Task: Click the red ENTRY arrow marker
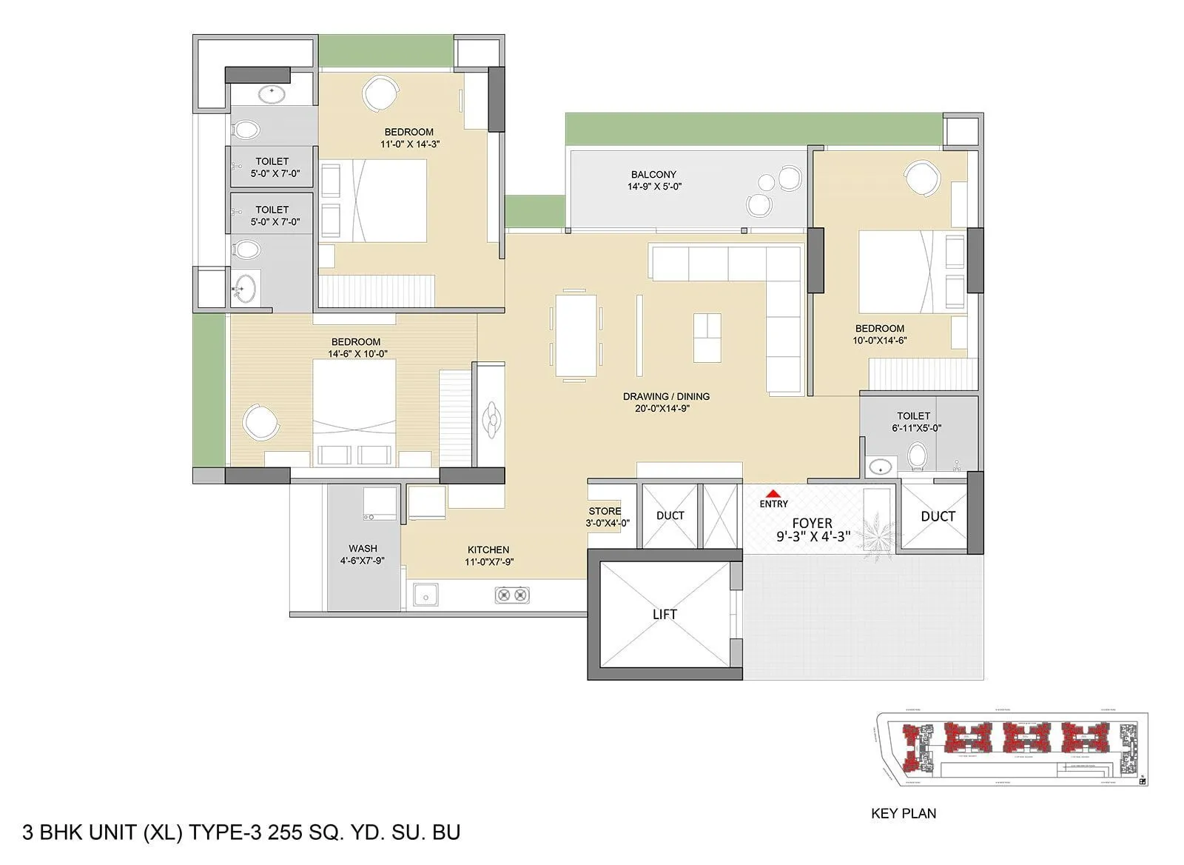(773, 493)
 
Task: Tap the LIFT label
(664, 614)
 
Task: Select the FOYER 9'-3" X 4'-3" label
(813, 530)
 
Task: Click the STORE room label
(606, 516)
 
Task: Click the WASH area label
(363, 554)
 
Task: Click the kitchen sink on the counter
(425, 595)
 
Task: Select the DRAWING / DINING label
(666, 402)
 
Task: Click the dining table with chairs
(576, 335)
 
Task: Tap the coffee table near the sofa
(707, 338)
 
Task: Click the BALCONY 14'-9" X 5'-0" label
(653, 180)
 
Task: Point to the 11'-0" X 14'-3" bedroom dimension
(410, 144)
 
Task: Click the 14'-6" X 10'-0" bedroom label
(357, 347)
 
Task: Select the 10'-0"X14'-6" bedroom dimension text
(879, 341)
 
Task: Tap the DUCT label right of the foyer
(938, 516)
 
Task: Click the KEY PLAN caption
(904, 813)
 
